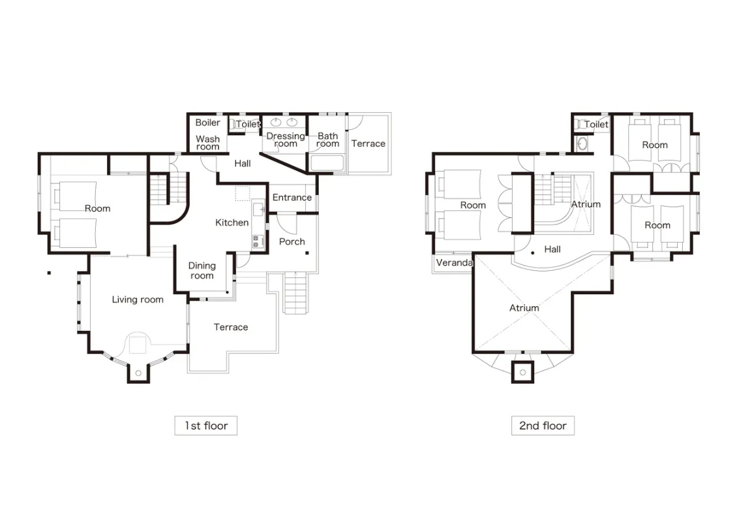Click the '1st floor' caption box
(x=206, y=426)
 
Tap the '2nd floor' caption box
(x=543, y=426)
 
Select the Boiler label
(x=207, y=123)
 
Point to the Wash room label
(x=207, y=143)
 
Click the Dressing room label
(x=286, y=140)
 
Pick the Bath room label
(x=327, y=140)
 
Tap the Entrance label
(x=292, y=197)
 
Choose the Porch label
(x=292, y=241)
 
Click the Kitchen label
(x=232, y=223)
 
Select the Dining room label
(x=202, y=270)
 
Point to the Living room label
(x=138, y=300)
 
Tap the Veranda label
(x=455, y=263)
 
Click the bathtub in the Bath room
(x=327, y=163)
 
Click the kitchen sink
(x=258, y=209)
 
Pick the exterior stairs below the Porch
(x=295, y=292)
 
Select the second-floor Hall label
(x=552, y=249)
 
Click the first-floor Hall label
(x=243, y=164)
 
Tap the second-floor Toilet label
(x=596, y=124)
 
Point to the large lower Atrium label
(x=524, y=308)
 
